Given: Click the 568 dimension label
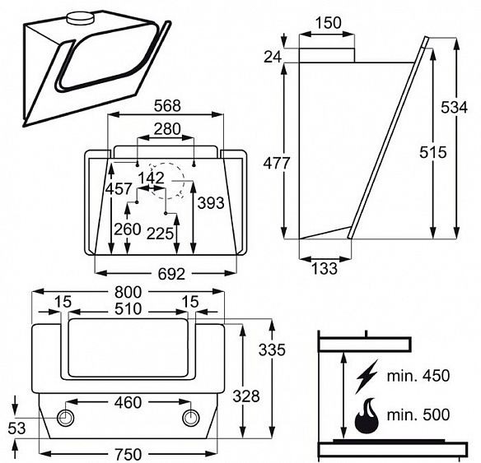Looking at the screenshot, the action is tap(167, 106).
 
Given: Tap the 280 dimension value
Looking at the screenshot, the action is tap(167, 129).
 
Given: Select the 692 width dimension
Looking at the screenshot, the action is tap(171, 274).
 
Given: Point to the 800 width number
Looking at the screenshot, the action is tap(128, 292).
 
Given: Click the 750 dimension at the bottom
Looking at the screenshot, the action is tap(128, 454).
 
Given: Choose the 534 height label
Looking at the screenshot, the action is tap(455, 108).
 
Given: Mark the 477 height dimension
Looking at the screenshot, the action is tap(277, 163).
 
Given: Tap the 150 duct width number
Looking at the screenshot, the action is tap(328, 23).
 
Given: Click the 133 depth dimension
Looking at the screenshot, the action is tap(325, 268).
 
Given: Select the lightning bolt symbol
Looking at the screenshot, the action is tap(367, 376).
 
